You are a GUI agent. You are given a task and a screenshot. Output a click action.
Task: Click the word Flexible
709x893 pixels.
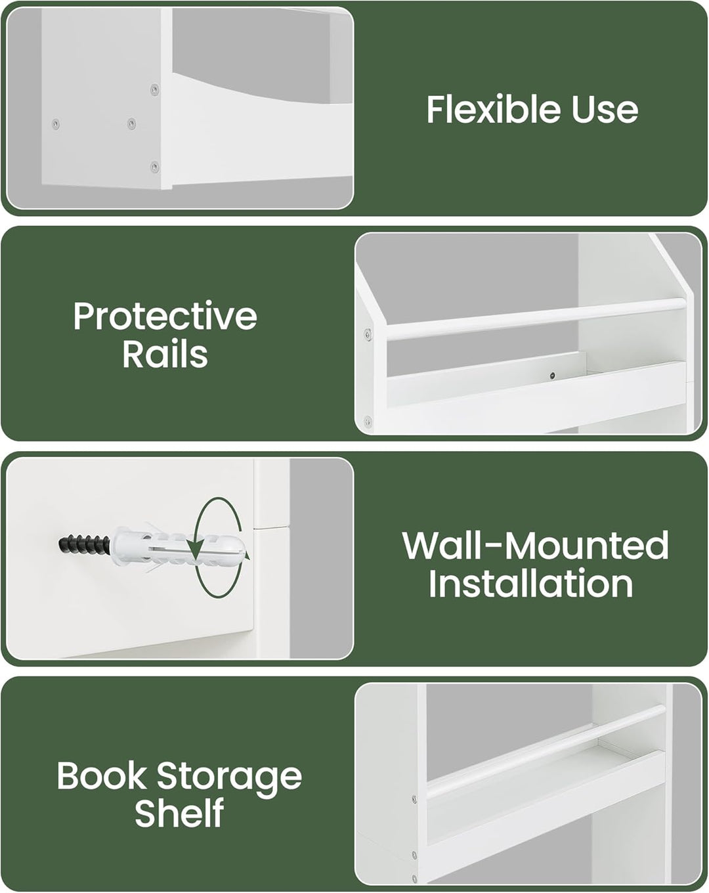pos(494,109)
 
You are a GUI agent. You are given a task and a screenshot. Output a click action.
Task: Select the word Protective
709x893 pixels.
pos(165,317)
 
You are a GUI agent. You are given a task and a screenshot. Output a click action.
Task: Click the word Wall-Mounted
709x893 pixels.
pos(535,546)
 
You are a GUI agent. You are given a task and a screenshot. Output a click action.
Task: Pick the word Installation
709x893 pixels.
pos(530,584)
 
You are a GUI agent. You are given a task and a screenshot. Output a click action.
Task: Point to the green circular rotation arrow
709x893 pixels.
pos(219,548)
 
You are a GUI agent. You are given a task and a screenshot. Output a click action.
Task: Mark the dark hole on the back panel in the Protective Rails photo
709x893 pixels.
pos(552,376)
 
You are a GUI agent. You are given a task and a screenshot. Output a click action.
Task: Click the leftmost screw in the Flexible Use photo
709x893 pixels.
pos(56,123)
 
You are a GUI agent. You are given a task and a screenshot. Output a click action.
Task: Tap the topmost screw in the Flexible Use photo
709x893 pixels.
pos(154,89)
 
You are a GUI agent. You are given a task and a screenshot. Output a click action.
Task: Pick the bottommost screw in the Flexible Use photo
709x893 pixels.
pos(154,167)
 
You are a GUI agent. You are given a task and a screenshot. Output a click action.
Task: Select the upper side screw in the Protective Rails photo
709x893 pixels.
pos(368,334)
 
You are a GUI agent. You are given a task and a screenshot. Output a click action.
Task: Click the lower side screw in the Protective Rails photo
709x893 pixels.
pos(368,422)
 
